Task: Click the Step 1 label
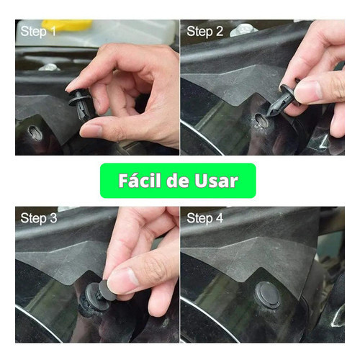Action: click(38, 32)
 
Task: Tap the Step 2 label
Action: click(204, 32)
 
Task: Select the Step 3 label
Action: click(39, 218)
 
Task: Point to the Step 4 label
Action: click(204, 218)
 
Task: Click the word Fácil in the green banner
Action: click(140, 181)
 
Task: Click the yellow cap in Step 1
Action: click(67, 24)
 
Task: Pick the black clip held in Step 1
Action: click(80, 104)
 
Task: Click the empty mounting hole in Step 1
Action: click(35, 132)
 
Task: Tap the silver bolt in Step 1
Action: click(50, 67)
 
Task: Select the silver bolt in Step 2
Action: click(243, 30)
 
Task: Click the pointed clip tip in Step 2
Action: click(269, 114)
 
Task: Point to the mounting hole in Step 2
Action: click(261, 121)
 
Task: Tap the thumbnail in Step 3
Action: click(124, 278)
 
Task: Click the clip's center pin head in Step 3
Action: click(107, 290)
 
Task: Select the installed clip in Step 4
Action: click(267, 294)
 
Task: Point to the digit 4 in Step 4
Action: click(220, 218)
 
